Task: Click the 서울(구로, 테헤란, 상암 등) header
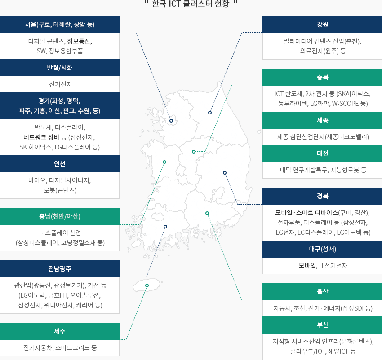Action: coord(60,25)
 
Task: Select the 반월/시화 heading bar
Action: coord(60,68)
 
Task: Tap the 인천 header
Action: coord(60,163)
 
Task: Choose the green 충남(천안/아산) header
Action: coord(60,216)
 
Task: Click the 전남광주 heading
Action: coord(60,269)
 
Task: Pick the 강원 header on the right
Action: coord(322,25)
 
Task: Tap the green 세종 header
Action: coord(322,120)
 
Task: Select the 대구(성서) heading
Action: coord(322,249)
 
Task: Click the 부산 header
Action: coord(322,325)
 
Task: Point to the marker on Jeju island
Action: coord(147,285)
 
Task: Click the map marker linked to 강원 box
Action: coord(210,113)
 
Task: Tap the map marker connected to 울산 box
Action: coord(207,213)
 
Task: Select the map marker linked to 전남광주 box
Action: coord(165,227)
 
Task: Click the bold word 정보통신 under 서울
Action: coord(79,41)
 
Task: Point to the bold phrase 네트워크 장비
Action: coord(41,137)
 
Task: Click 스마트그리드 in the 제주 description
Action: coord(72,347)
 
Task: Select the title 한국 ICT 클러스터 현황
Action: coord(191,4)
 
